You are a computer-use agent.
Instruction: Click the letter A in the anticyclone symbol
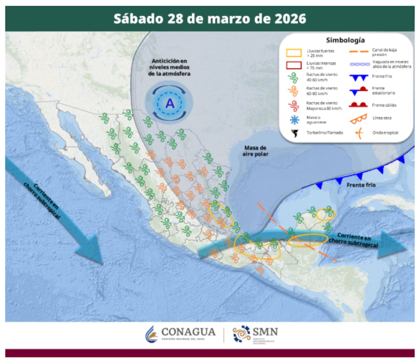point(170,103)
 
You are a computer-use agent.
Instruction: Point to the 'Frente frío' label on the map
point(361,185)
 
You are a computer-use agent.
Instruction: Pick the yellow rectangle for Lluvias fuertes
point(294,53)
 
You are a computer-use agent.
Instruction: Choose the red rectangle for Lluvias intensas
point(294,65)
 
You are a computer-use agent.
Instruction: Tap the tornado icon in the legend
point(295,133)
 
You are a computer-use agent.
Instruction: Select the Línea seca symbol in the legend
point(358,119)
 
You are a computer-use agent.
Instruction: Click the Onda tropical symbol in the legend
point(358,133)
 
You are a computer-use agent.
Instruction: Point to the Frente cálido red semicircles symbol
point(358,104)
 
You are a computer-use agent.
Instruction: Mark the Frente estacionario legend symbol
point(358,91)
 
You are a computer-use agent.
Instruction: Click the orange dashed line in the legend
point(358,52)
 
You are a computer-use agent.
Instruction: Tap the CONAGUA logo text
point(188,332)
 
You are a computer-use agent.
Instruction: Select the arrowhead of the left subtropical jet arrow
point(91,249)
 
